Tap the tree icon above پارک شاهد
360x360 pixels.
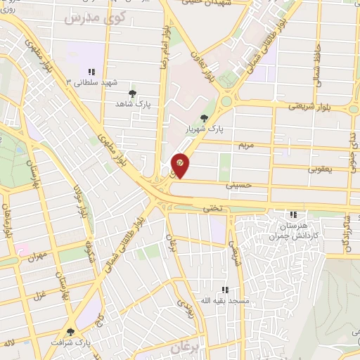click(132, 92)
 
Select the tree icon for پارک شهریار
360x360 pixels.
click(204, 118)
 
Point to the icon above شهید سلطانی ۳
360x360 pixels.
click(91, 72)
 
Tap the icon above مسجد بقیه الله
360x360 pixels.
click(224, 289)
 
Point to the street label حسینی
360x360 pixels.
click(236, 186)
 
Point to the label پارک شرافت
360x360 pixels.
click(70, 343)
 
